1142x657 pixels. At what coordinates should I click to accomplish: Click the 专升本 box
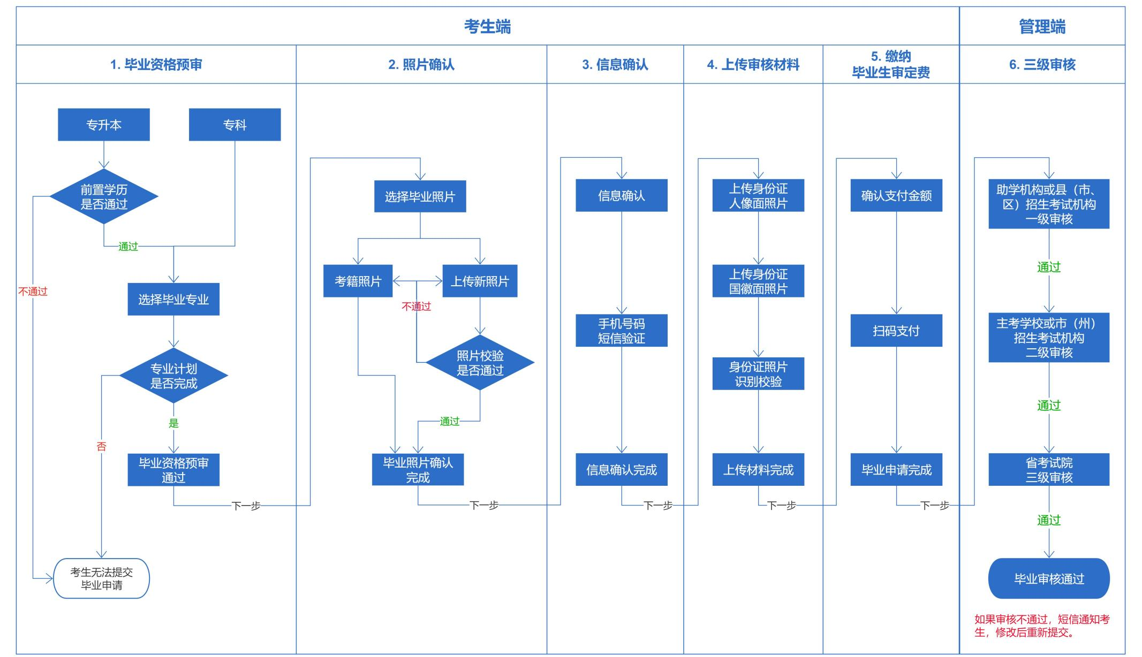point(104,125)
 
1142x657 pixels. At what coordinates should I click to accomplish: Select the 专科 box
point(235,125)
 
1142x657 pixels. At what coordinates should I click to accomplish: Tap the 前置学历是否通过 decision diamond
point(104,197)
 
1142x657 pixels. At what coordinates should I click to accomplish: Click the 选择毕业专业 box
point(173,299)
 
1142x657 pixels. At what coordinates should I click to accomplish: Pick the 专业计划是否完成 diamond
point(173,376)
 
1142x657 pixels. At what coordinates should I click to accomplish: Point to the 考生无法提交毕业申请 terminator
point(102,578)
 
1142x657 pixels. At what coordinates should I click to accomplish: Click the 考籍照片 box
point(358,281)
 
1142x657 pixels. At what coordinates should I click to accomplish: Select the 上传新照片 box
point(480,281)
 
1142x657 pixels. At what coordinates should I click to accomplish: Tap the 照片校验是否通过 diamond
point(480,363)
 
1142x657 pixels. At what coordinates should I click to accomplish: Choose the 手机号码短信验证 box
point(621,331)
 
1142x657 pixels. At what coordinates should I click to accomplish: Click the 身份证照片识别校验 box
point(758,373)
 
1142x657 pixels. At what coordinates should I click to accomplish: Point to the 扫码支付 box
point(896,331)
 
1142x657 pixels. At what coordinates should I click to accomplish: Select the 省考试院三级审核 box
point(1049,470)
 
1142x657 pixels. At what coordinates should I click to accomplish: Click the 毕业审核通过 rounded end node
point(1049,578)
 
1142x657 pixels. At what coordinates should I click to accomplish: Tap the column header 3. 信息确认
point(615,65)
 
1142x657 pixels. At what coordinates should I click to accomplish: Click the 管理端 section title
point(1042,26)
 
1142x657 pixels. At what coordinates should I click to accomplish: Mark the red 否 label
point(102,446)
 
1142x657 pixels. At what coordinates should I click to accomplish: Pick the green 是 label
point(173,423)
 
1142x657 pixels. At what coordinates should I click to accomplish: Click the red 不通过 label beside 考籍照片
point(417,306)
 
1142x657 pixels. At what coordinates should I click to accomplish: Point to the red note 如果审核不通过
point(1042,625)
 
